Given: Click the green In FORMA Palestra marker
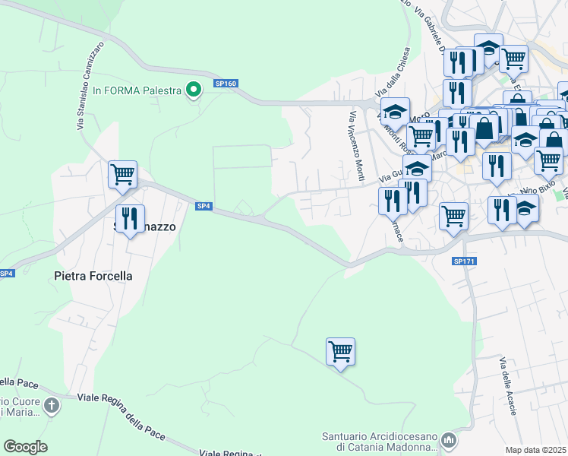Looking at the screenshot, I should [x=194, y=90].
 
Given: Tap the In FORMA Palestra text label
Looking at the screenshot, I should [x=137, y=90].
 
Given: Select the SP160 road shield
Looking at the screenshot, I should [x=226, y=84].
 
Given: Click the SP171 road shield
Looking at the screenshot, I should [x=463, y=261].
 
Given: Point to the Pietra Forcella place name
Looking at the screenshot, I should [x=93, y=276].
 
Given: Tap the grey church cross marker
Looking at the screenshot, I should [x=51, y=405].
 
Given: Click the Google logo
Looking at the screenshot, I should [x=25, y=447].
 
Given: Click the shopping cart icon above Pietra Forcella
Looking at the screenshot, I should [x=122, y=174].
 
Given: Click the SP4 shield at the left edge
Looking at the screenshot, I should [x=5, y=274].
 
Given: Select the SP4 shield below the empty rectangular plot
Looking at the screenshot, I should [x=203, y=206].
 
